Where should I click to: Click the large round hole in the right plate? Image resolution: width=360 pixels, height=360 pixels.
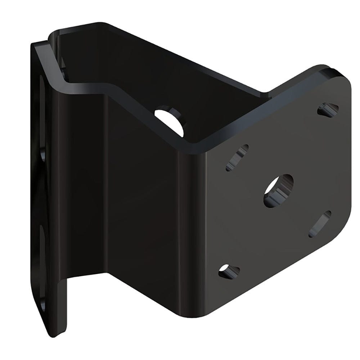(x=278, y=190)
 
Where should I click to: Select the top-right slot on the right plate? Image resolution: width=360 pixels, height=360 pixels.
(x=328, y=108)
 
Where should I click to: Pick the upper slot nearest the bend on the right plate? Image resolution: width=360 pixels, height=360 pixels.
(x=238, y=157)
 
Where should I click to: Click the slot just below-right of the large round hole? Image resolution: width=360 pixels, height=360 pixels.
(x=320, y=224)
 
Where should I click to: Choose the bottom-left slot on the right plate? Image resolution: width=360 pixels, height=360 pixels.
(x=229, y=271)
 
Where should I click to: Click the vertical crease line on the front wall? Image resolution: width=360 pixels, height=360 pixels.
(x=104, y=180)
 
